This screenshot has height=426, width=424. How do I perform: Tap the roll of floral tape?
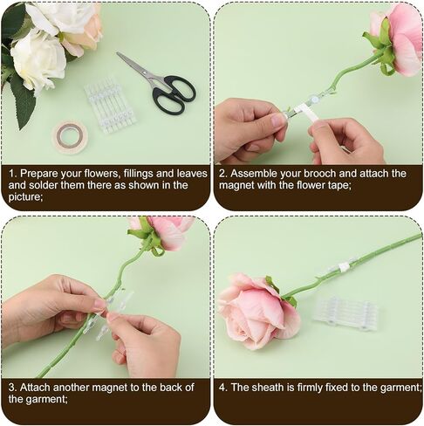coord(70,138)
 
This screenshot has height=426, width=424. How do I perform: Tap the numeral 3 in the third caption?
coord(12,388)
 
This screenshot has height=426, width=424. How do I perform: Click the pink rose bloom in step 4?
coord(258,312)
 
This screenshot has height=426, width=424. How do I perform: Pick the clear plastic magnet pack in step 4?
coord(346,315)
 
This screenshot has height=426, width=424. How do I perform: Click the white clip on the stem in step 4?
coord(343,266)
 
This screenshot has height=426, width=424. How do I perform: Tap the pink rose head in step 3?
coord(164,232)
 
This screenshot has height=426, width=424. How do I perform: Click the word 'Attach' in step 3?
coord(35,388)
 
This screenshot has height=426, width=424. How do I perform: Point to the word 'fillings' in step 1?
coord(138,174)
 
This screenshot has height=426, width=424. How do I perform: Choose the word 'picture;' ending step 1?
coord(25,197)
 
